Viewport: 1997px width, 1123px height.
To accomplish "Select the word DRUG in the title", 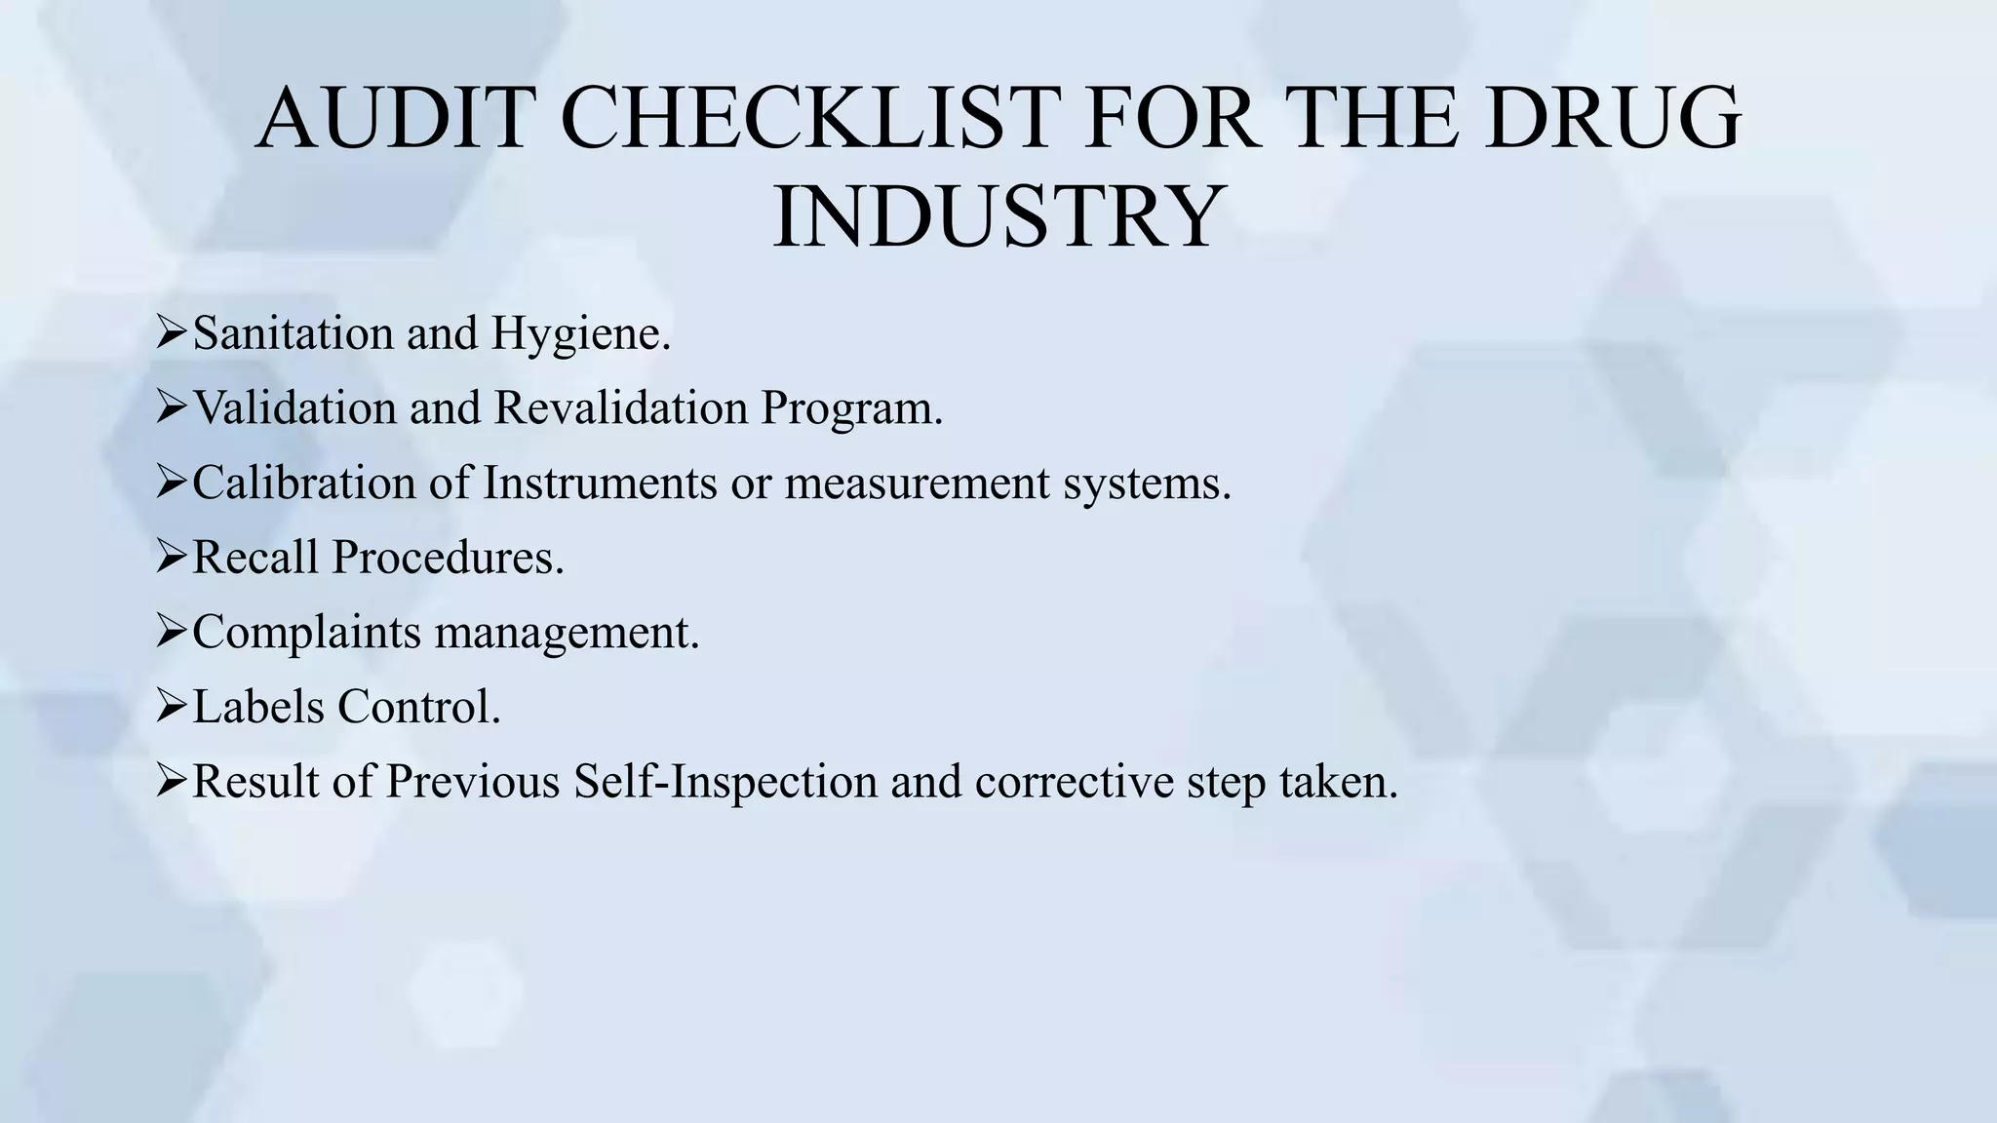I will [1612, 119].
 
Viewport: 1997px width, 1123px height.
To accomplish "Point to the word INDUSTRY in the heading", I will [998, 216].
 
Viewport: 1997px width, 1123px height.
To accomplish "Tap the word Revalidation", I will [621, 407].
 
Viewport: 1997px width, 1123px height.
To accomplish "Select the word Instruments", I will [600, 483].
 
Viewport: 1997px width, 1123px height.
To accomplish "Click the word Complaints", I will [306, 634].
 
